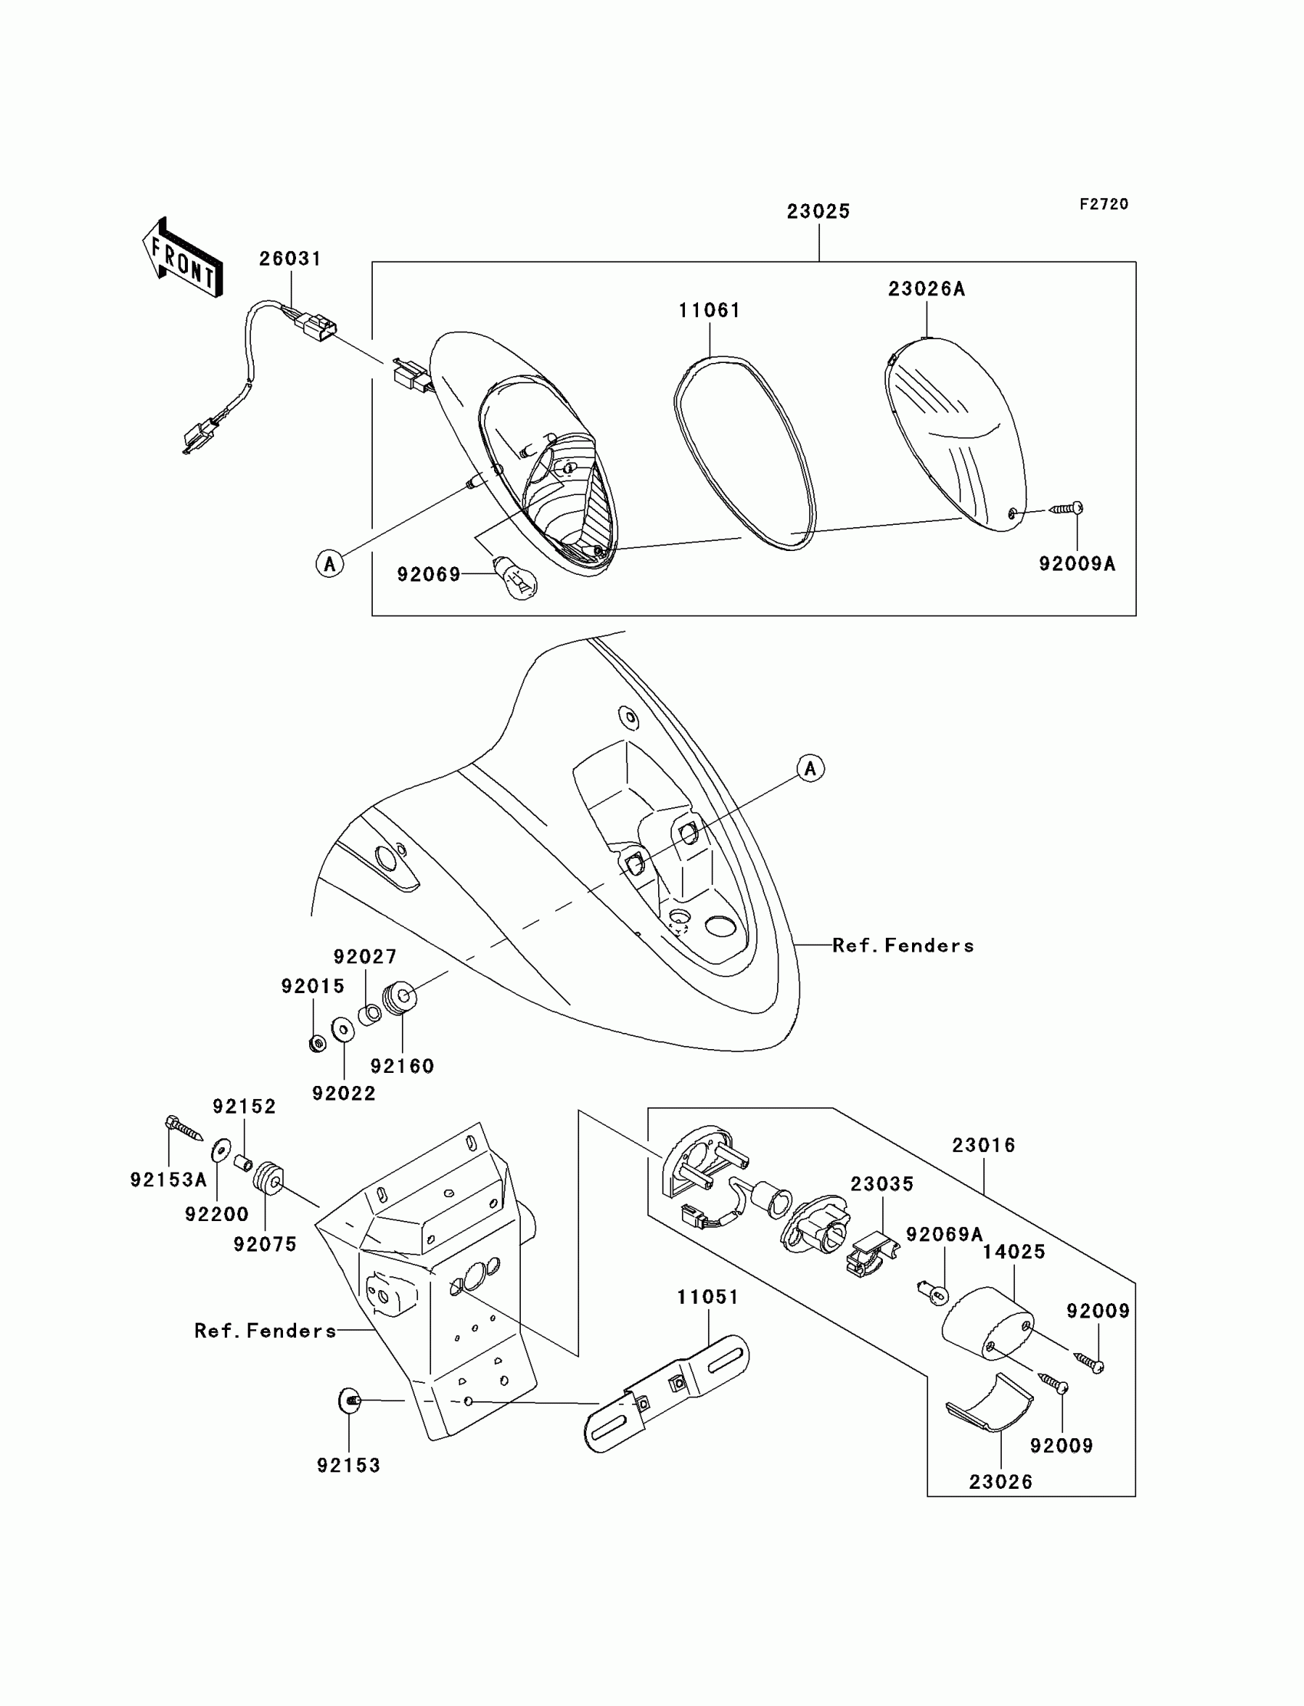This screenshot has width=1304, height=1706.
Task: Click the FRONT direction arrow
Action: [183, 258]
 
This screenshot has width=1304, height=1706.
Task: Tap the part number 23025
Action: [818, 211]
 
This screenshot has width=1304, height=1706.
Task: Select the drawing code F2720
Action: [1104, 204]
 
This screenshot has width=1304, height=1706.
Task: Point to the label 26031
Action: [290, 259]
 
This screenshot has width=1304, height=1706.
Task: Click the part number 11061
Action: [710, 311]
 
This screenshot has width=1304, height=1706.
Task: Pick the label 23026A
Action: [927, 289]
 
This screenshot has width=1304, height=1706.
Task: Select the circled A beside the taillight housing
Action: [330, 563]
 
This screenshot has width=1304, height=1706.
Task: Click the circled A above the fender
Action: [811, 768]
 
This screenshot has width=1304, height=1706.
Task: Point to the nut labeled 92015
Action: [317, 1044]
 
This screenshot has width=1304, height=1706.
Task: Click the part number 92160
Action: [402, 1066]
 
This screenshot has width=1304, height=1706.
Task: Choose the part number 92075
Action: [265, 1244]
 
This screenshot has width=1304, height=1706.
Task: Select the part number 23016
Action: [983, 1145]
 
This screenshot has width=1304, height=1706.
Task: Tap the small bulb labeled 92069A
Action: [932, 1293]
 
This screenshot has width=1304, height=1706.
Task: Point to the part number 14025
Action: [1014, 1252]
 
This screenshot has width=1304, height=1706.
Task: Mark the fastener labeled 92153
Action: [350, 1400]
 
